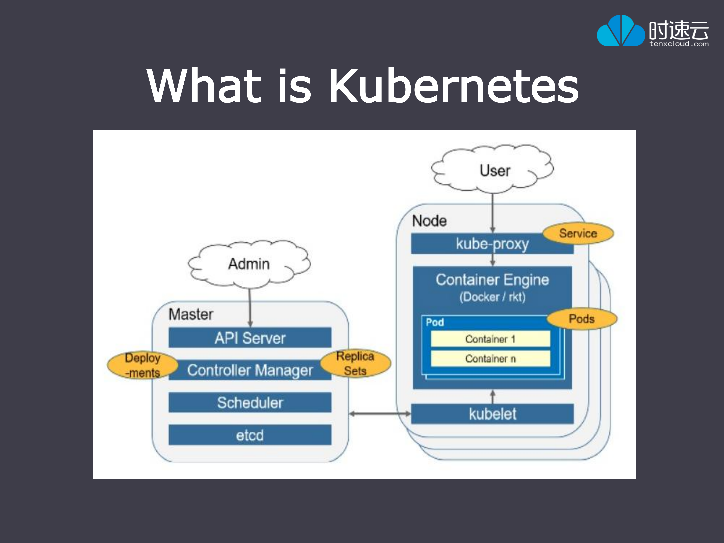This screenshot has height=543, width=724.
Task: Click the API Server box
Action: point(250,338)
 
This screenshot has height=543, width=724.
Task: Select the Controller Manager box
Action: point(250,370)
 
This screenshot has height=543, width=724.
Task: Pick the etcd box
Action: point(250,435)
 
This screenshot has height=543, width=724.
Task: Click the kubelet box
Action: point(492,414)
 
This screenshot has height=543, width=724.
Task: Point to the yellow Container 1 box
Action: point(490,339)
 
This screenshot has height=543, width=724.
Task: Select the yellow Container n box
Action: point(490,358)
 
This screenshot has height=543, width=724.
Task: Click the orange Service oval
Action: point(578,233)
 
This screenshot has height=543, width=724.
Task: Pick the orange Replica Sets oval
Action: point(355,363)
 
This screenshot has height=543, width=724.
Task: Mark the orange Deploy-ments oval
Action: point(142,365)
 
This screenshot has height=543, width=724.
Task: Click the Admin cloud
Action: point(249,264)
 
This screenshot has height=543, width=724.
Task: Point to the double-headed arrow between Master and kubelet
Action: point(380,414)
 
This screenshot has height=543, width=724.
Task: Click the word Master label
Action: point(191,314)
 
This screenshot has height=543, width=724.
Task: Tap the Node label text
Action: point(429,221)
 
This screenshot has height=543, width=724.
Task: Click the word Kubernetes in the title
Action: point(454,86)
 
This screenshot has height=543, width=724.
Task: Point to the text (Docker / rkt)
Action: point(492,297)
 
